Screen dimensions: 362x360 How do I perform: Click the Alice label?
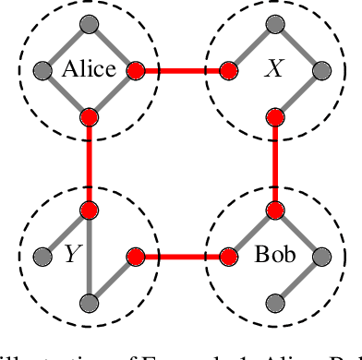pyautogui.click(x=88, y=69)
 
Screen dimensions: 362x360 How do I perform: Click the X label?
pyautogui.click(x=274, y=69)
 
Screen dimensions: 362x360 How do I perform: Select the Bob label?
pyautogui.click(x=274, y=255)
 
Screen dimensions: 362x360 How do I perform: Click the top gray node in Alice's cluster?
pyautogui.click(x=89, y=23)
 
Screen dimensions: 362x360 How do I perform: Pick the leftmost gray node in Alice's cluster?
pyautogui.click(x=41, y=69)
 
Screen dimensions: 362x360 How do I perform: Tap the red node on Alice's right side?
pyautogui.click(x=135, y=69)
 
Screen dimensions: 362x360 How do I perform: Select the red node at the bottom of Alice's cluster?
pyautogui.click(x=89, y=116)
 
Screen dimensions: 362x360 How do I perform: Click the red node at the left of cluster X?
pyautogui.click(x=228, y=69)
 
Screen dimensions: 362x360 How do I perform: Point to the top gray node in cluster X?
pyautogui.click(x=274, y=23)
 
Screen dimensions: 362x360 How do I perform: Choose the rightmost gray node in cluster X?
pyautogui.click(x=321, y=69)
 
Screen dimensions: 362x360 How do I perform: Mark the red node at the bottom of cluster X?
pyautogui.click(x=274, y=116)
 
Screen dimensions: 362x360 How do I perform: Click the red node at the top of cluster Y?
pyautogui.click(x=89, y=210)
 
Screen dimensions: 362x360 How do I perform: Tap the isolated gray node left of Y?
pyautogui.click(x=41, y=256)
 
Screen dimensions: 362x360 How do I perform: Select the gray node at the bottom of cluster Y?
pyautogui.click(x=89, y=303)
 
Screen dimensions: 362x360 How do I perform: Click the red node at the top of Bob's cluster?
pyautogui.click(x=274, y=210)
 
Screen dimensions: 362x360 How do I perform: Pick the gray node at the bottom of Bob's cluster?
pyautogui.click(x=274, y=303)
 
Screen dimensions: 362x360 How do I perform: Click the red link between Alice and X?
pyautogui.click(x=181, y=69)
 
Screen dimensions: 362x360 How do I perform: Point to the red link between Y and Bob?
pyautogui.click(x=181, y=256)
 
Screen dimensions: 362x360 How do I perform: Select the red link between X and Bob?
pyautogui.click(x=274, y=162)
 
